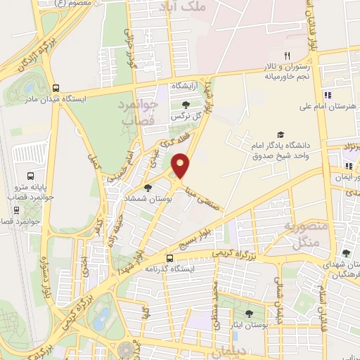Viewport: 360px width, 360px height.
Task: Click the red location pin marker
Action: tap(181, 165)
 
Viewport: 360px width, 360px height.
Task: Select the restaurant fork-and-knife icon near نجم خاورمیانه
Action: tap(286, 56)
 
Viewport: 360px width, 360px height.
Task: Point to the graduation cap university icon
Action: tap(281, 134)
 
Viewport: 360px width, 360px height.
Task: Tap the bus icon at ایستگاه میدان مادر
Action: tap(56, 88)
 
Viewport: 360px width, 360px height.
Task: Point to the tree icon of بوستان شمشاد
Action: tap(148, 188)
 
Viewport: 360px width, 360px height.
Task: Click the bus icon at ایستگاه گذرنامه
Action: tap(170, 258)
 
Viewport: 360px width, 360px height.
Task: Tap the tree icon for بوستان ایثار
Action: tap(249, 314)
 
